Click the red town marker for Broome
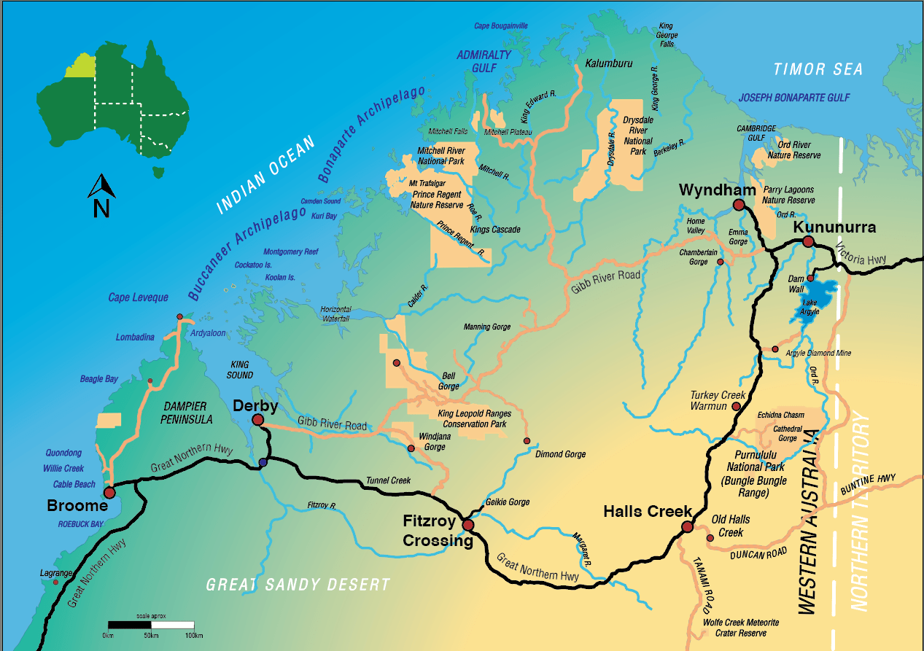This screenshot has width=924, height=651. [x=109, y=492]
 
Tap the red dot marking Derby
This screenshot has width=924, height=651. [x=257, y=420]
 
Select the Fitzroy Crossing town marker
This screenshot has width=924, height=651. [x=467, y=525]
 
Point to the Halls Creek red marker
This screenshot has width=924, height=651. [x=686, y=527]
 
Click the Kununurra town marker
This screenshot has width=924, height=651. [x=808, y=241]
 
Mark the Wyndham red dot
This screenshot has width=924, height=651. [x=738, y=205]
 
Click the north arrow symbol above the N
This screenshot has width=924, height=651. [x=101, y=187]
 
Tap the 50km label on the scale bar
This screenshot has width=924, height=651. [x=151, y=636]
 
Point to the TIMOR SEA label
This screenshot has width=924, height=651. [x=818, y=69]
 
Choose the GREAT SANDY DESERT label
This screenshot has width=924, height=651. [x=298, y=585]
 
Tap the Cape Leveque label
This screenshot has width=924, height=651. [x=138, y=297]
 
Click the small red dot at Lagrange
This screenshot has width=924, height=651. [x=55, y=582]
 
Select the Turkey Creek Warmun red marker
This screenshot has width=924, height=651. [x=737, y=406]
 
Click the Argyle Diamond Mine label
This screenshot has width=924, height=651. [x=818, y=354]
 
